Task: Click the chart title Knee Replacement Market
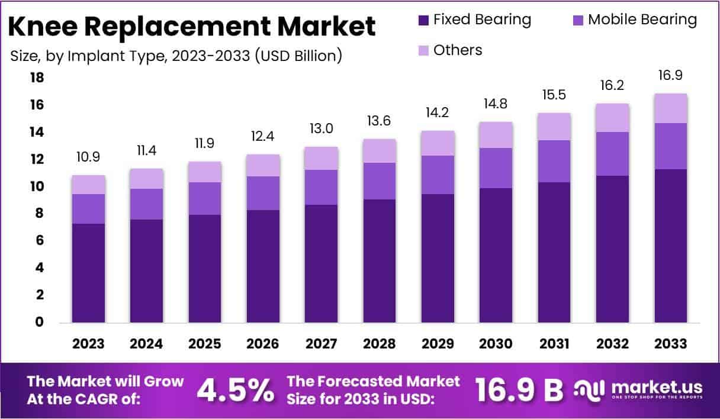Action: tap(193, 27)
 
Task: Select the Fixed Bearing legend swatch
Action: tap(423, 20)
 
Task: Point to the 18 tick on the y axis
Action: tap(37, 78)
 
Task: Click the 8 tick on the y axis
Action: tap(40, 214)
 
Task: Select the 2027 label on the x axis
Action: tap(322, 344)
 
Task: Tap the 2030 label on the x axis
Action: tap(496, 344)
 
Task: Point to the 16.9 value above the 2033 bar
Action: tap(671, 76)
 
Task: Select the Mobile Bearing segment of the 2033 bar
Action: tap(671, 146)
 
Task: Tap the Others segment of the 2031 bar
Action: tap(554, 127)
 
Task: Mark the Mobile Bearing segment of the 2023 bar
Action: tap(89, 209)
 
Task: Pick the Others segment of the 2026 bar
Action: tap(263, 165)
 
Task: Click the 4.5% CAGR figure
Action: tap(235, 390)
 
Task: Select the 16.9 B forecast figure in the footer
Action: tap(519, 390)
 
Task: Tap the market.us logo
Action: tap(639, 390)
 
